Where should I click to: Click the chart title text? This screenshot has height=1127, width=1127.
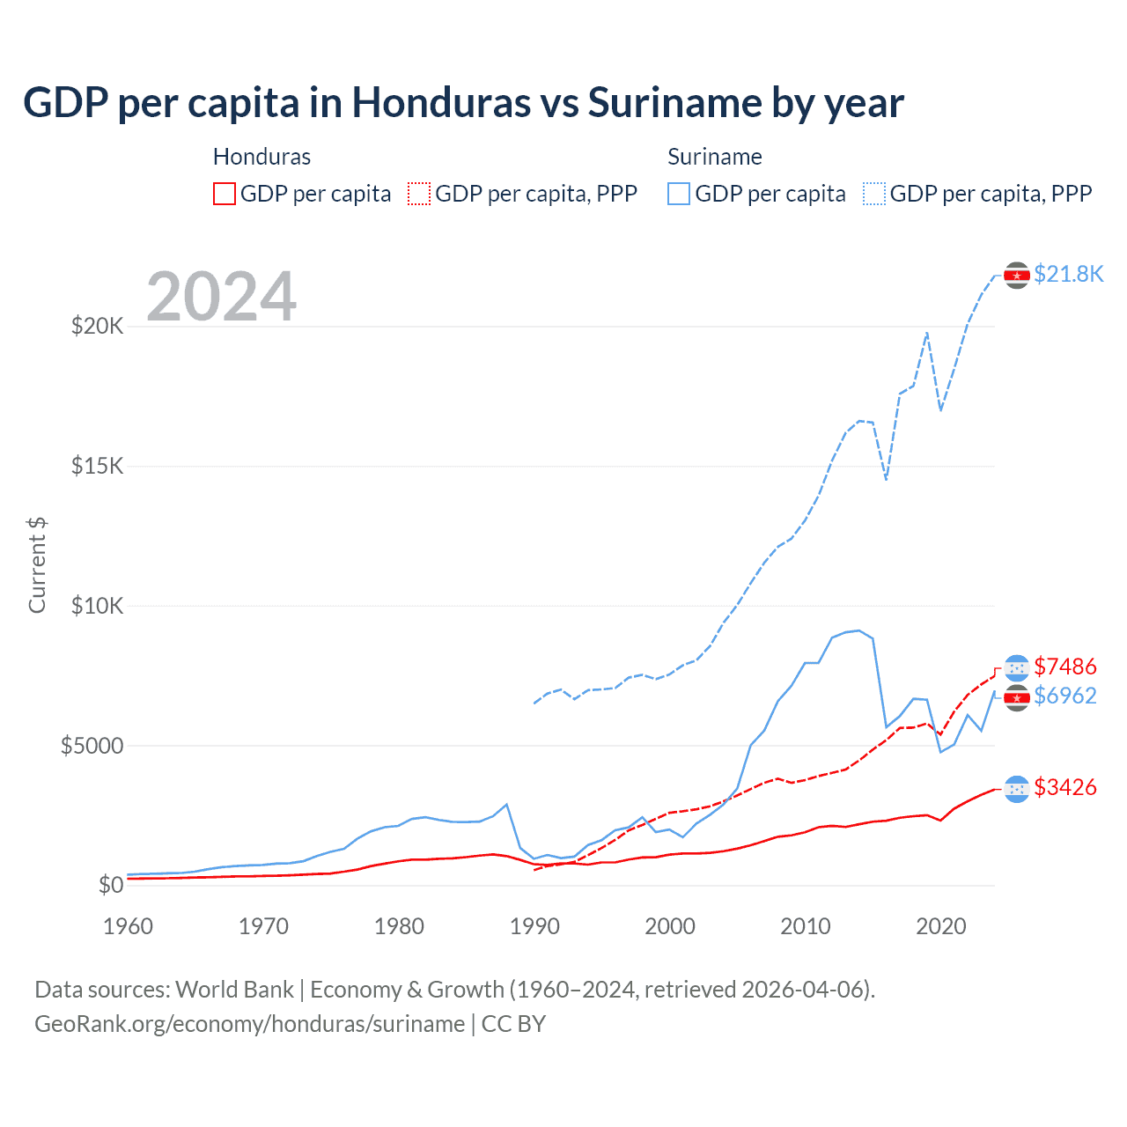tap(463, 103)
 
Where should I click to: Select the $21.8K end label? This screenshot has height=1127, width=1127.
tap(1068, 274)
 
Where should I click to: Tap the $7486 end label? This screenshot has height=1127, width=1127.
tap(1064, 667)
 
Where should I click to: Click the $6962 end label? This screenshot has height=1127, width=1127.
tap(1064, 696)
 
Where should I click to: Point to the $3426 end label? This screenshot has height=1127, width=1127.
tap(1064, 787)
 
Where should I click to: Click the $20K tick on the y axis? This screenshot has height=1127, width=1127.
tap(97, 327)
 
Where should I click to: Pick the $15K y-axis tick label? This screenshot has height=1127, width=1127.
tap(97, 466)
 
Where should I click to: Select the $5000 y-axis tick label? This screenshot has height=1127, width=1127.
tap(92, 746)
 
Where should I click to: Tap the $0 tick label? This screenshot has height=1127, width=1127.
tap(110, 885)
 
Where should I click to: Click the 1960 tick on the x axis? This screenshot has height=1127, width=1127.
tap(129, 926)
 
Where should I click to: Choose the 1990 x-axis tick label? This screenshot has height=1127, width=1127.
tap(534, 926)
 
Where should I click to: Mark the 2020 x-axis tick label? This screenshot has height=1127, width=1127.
tap(940, 926)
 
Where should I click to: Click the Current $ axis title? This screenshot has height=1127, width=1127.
tap(37, 565)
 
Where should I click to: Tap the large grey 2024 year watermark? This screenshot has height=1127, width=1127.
tap(221, 297)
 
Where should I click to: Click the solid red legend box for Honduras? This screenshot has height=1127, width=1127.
tap(225, 194)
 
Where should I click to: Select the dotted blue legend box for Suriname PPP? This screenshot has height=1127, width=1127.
tap(874, 194)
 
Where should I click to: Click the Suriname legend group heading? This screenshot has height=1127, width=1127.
tap(714, 157)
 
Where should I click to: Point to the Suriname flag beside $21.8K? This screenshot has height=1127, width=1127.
tap(1017, 276)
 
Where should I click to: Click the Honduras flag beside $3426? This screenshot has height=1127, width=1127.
tap(1017, 789)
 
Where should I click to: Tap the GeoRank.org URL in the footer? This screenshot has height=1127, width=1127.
tap(249, 1024)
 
